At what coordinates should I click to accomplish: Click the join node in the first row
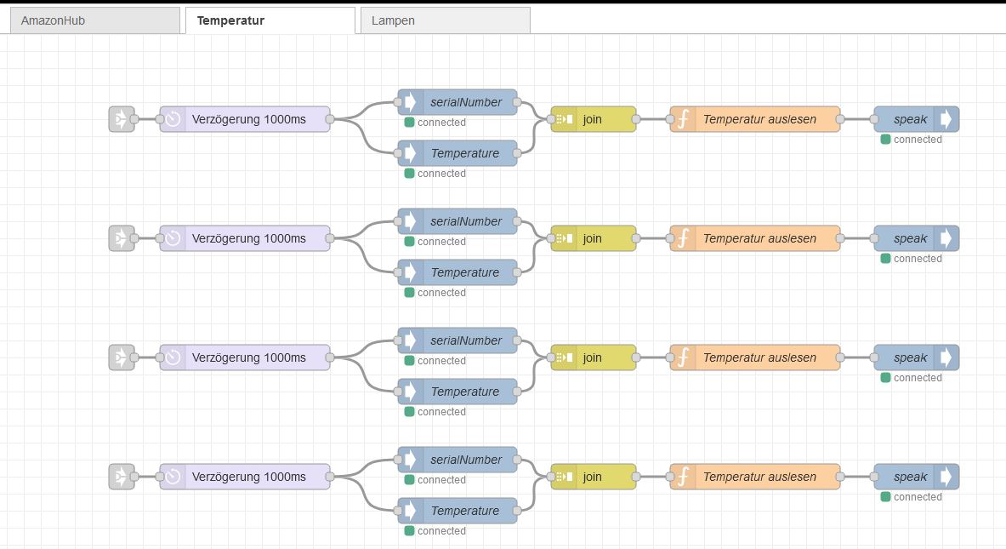point(593,119)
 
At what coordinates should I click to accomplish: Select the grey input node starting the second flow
point(121,238)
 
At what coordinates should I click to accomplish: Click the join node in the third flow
point(593,357)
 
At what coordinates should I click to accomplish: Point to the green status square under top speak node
point(885,140)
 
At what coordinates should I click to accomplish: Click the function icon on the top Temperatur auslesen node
point(683,119)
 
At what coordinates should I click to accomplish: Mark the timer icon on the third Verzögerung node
point(173,357)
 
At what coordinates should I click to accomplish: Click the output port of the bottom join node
point(636,477)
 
